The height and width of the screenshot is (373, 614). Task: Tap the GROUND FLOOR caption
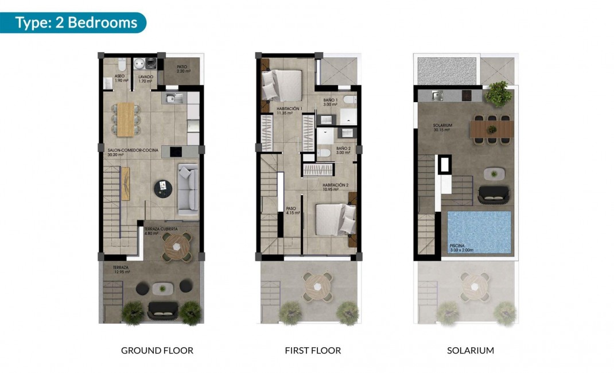coord(157,350)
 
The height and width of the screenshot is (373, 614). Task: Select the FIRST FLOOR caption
coord(313,350)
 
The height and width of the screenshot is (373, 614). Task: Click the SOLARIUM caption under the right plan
coord(471,350)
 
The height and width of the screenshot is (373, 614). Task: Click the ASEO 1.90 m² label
coord(120,78)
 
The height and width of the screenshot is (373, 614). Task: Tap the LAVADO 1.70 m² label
coord(145,79)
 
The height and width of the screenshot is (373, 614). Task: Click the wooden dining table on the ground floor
coord(125,119)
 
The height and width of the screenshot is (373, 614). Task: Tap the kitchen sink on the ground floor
coord(173,99)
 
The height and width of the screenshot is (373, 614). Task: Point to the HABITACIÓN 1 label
coord(289,111)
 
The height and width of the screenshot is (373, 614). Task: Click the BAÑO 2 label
coord(343,150)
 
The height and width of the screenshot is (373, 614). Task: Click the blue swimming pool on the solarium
coord(479,232)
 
